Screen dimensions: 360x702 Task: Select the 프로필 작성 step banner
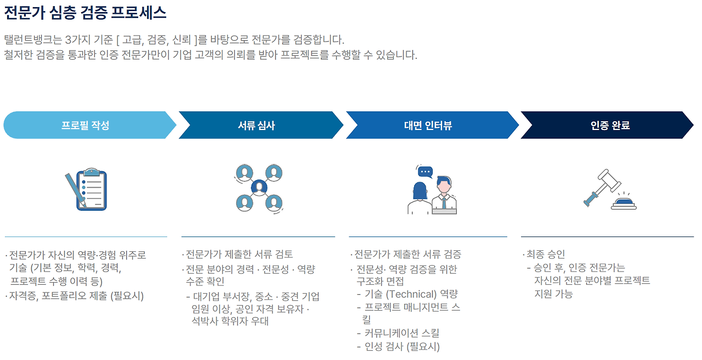point(86,125)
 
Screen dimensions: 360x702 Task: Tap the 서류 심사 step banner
point(257,125)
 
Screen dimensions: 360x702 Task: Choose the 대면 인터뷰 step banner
point(428,125)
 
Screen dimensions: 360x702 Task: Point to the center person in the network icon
point(258,188)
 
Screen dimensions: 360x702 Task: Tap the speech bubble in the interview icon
point(425,171)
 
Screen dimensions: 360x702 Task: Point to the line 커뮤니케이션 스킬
point(401,333)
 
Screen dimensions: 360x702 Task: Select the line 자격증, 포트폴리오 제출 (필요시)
point(76,296)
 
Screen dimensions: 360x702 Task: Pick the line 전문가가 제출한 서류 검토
point(239,254)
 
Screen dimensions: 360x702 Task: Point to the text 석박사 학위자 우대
point(230,322)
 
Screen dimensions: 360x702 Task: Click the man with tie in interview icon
point(444,195)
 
